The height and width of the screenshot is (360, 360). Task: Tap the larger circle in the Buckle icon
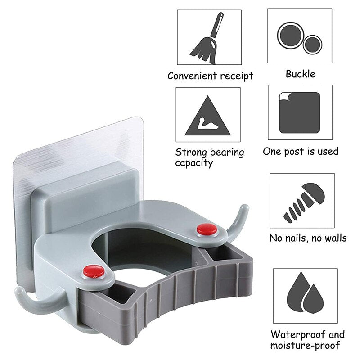point(291,36)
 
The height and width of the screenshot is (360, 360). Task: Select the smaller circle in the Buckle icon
point(312,45)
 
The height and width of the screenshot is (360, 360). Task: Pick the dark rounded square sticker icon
point(300,113)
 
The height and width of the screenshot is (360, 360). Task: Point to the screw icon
point(304,202)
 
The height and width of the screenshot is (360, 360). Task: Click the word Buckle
point(300,74)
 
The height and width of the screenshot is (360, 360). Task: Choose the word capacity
point(194,163)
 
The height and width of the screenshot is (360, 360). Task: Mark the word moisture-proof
point(305,346)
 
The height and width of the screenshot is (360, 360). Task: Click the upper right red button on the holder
point(207,229)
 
